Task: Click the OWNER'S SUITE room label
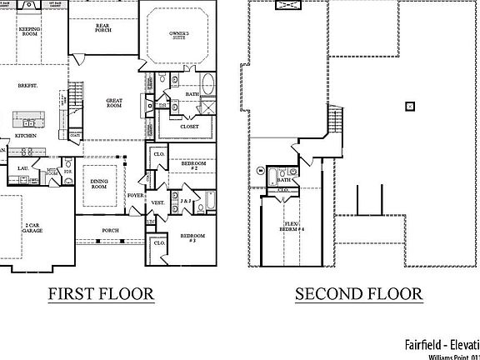pyautogui.click(x=179, y=35)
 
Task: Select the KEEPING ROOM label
pyautogui.click(x=30, y=31)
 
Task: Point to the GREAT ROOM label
pyautogui.click(x=114, y=103)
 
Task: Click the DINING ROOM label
pyautogui.click(x=100, y=183)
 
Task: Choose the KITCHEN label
pyautogui.click(x=25, y=135)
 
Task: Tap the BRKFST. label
pyautogui.click(x=29, y=85)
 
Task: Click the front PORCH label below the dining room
pyautogui.click(x=110, y=230)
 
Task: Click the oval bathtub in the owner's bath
pyautogui.click(x=208, y=86)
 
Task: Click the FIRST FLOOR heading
pyautogui.click(x=100, y=293)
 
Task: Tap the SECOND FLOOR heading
pyautogui.click(x=357, y=293)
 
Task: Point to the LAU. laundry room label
pyautogui.click(x=23, y=168)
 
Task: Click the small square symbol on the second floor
pyautogui.click(x=408, y=105)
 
